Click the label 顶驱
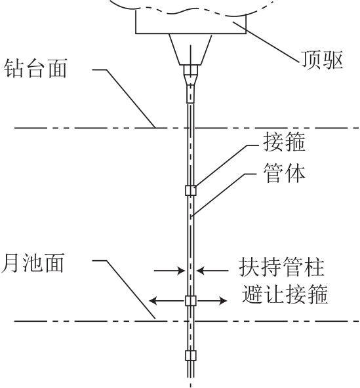click(x=322, y=60)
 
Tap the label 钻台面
click(x=35, y=68)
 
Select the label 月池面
click(x=33, y=263)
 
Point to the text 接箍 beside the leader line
click(x=284, y=142)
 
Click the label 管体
click(x=284, y=173)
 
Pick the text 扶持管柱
click(x=281, y=267)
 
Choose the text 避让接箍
click(x=285, y=294)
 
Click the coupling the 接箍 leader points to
click(x=191, y=191)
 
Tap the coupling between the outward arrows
click(x=191, y=301)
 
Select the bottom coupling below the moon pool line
click(x=191, y=355)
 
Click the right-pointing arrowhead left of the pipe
click(x=181, y=271)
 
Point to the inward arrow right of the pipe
click(x=212, y=271)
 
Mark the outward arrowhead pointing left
click(x=153, y=301)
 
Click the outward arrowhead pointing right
click(x=223, y=301)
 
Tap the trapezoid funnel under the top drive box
click(x=190, y=50)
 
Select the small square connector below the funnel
click(x=190, y=70)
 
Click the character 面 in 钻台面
click(x=57, y=68)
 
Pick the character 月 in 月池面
click(x=10, y=263)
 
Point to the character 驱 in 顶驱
click(x=333, y=60)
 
